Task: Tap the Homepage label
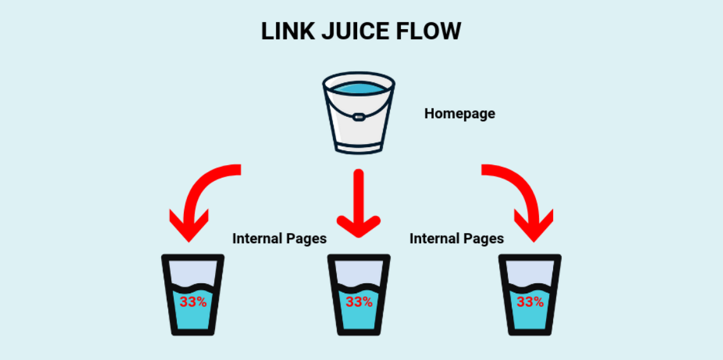(x=459, y=114)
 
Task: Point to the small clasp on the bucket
(x=358, y=117)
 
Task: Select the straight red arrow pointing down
(x=358, y=203)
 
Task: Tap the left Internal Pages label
(x=279, y=239)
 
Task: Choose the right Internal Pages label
(x=457, y=239)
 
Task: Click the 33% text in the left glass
(x=193, y=302)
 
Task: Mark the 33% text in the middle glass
(x=358, y=302)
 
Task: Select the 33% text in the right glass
(x=530, y=302)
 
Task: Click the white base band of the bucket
(x=358, y=147)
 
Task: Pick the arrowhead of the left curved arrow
(x=188, y=225)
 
